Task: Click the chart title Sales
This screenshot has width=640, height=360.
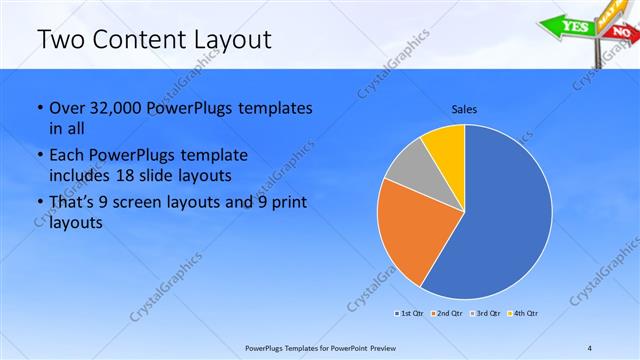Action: pyautogui.click(x=464, y=107)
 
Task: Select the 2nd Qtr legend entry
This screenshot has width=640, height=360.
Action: pyautogui.click(x=446, y=314)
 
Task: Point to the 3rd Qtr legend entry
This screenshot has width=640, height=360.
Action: pyautogui.click(x=486, y=314)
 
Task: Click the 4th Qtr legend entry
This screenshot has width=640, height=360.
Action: pyautogui.click(x=524, y=314)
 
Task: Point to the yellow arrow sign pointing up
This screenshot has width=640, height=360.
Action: pyautogui.click(x=606, y=11)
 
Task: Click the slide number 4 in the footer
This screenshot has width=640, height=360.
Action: pyautogui.click(x=590, y=348)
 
